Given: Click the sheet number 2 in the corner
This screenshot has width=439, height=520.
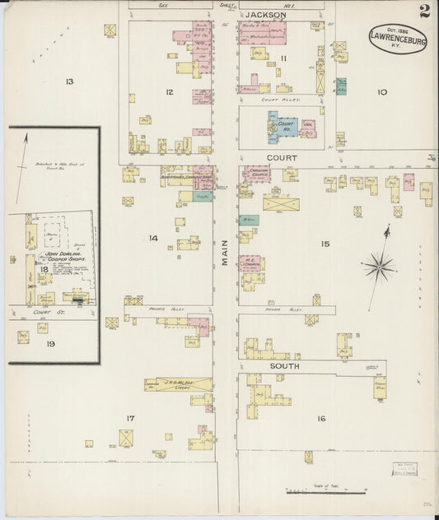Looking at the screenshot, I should pyautogui.click(x=423, y=11).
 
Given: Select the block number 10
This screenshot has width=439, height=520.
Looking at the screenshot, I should pyautogui.click(x=381, y=92).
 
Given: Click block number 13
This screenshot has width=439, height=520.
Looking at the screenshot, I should pyautogui.click(x=70, y=81).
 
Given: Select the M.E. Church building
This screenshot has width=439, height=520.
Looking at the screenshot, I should pyautogui.click(x=251, y=263).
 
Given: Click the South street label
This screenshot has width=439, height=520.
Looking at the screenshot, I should pyautogui.click(x=283, y=364).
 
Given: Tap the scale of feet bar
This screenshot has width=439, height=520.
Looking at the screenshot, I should pyautogui.click(x=325, y=491).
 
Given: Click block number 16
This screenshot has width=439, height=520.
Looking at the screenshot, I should pyautogui.click(x=320, y=418).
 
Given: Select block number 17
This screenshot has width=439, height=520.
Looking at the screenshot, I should pyautogui.click(x=129, y=418).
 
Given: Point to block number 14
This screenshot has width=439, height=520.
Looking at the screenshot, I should pyautogui.click(x=153, y=238).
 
